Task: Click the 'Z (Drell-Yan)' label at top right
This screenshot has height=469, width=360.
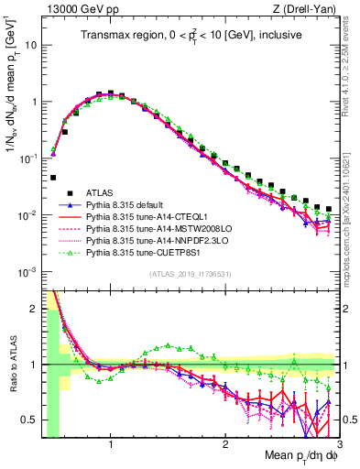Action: tap(307, 9)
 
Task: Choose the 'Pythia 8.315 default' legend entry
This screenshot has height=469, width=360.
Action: tap(128, 204)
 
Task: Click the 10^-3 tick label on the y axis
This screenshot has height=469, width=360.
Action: tap(26, 272)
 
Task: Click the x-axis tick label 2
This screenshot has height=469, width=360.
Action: tap(225, 439)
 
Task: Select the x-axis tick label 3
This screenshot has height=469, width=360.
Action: tap(338, 439)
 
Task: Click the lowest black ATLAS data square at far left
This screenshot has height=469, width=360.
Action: tap(53, 178)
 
